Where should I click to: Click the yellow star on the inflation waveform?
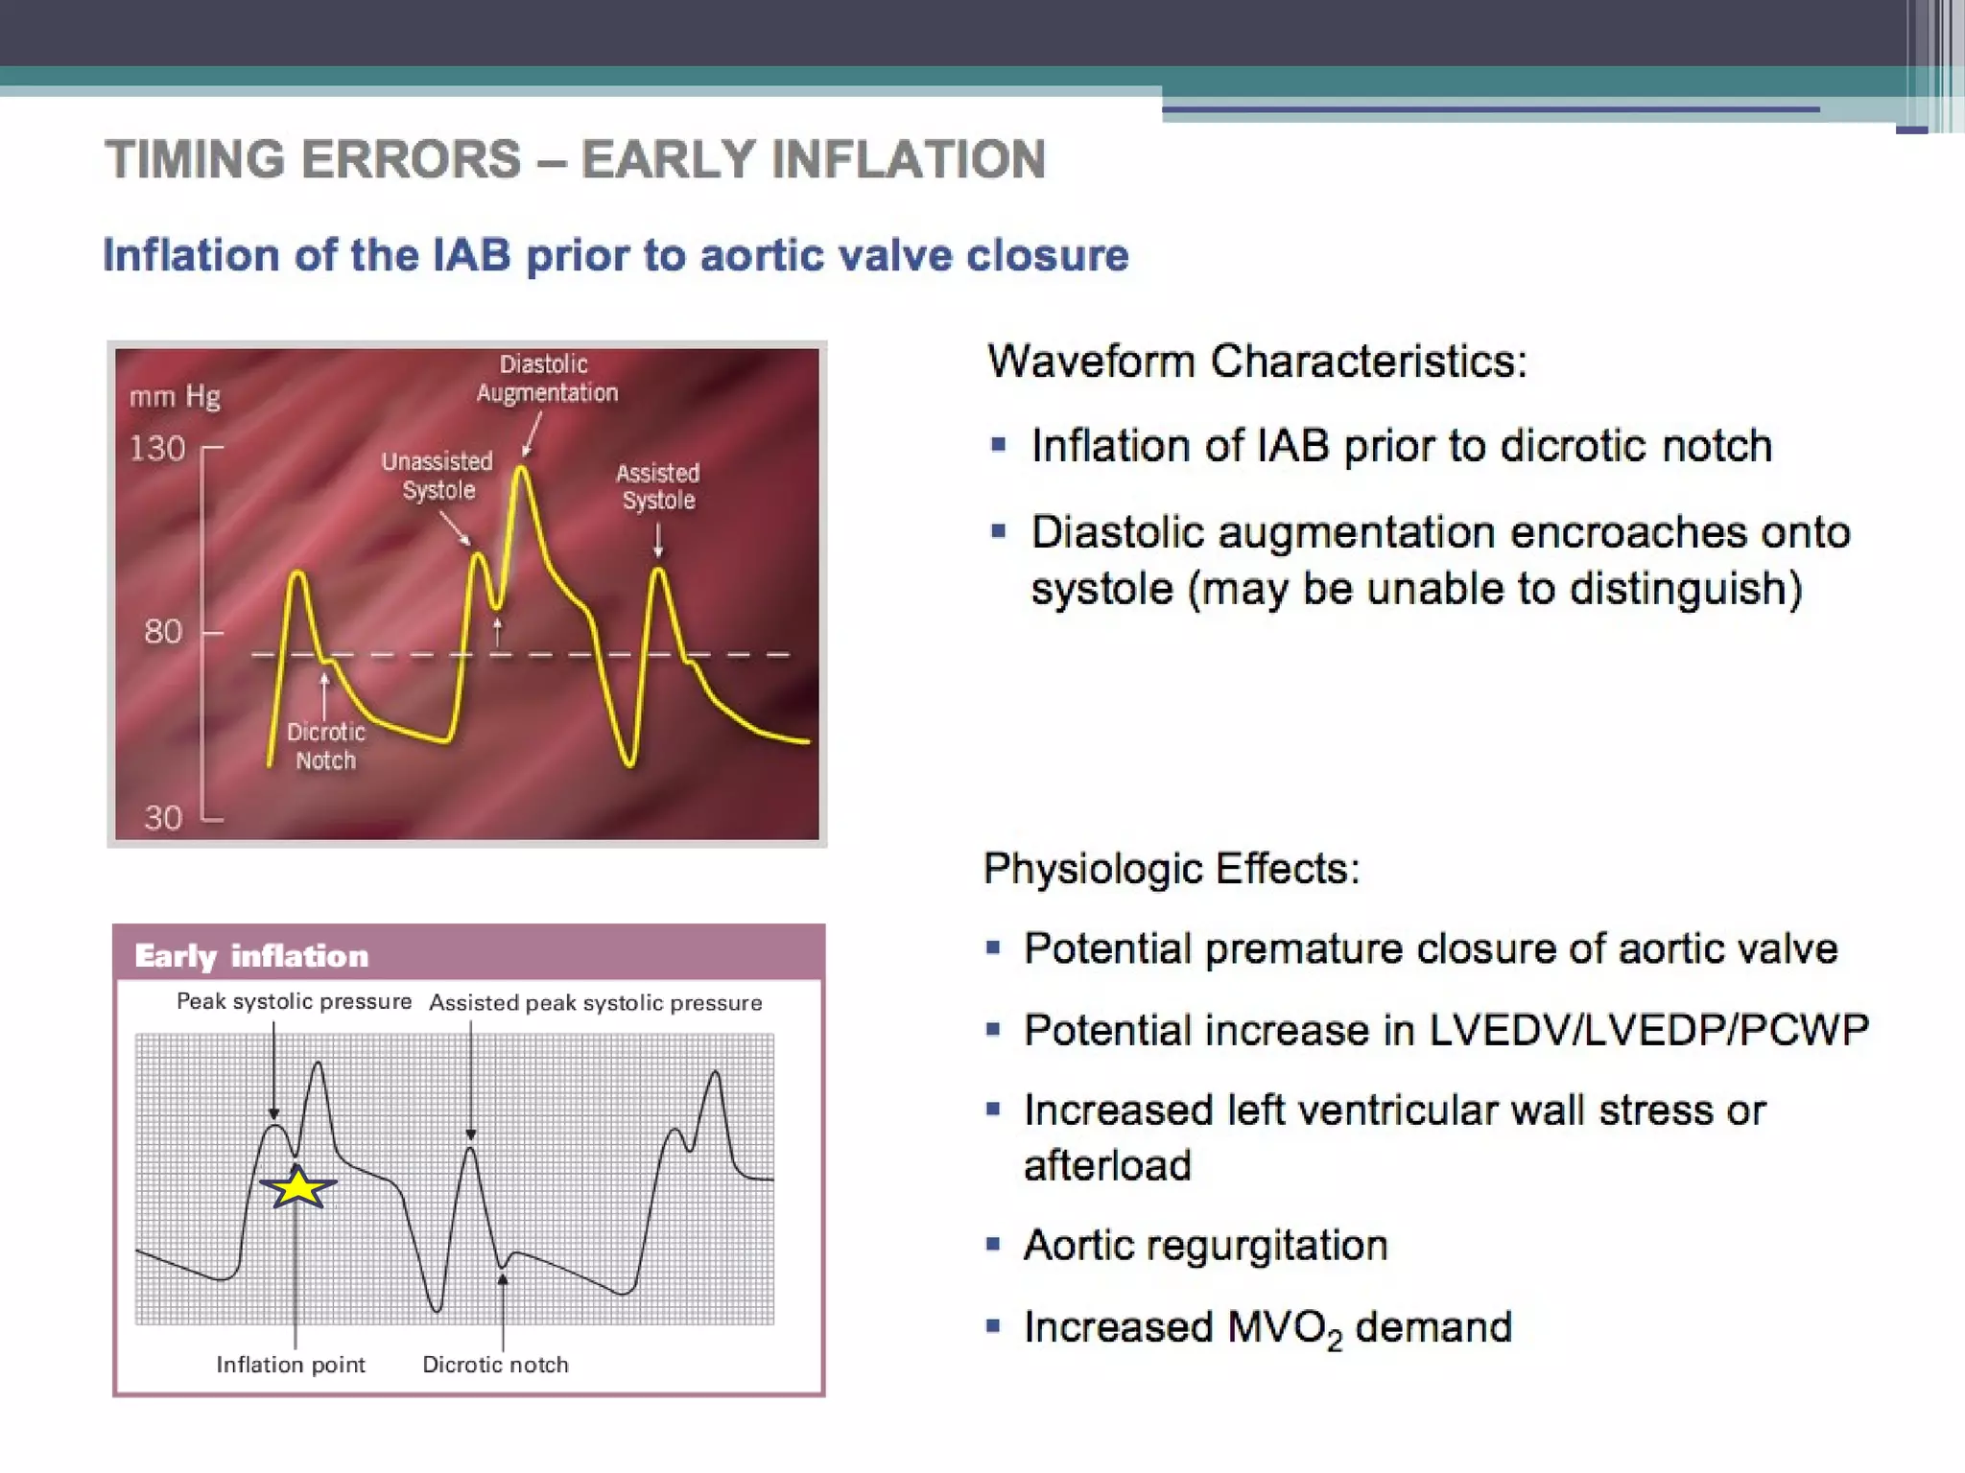pyautogui.click(x=298, y=1188)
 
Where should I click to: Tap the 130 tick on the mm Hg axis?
pyautogui.click(x=158, y=448)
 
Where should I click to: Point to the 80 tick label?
pyautogui.click(x=163, y=631)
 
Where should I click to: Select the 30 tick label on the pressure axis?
pyautogui.click(x=163, y=817)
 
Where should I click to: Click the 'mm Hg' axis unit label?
pyautogui.click(x=176, y=396)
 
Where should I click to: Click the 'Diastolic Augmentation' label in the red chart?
pyautogui.click(x=547, y=379)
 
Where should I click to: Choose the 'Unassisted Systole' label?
pyautogui.click(x=438, y=476)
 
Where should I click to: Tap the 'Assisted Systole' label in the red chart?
pyautogui.click(x=658, y=486)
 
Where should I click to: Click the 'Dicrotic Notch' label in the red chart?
pyautogui.click(x=326, y=746)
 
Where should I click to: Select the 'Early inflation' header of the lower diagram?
pyautogui.click(x=251, y=956)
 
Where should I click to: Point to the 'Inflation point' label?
pyautogui.click(x=291, y=1365)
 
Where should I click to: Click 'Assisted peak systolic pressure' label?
pyautogui.click(x=596, y=1003)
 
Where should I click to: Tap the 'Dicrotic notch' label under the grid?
pyautogui.click(x=495, y=1365)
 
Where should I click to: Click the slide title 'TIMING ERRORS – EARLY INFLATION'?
pyautogui.click(x=575, y=159)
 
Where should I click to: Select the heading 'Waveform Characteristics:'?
pyautogui.click(x=1257, y=362)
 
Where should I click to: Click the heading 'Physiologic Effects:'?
pyautogui.click(x=1172, y=869)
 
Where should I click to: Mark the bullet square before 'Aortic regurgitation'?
pyautogui.click(x=993, y=1245)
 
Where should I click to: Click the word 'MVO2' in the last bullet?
pyautogui.click(x=1284, y=1328)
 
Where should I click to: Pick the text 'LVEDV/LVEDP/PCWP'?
pyautogui.click(x=1648, y=1030)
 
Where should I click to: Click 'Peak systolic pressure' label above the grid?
pyautogui.click(x=294, y=1002)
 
